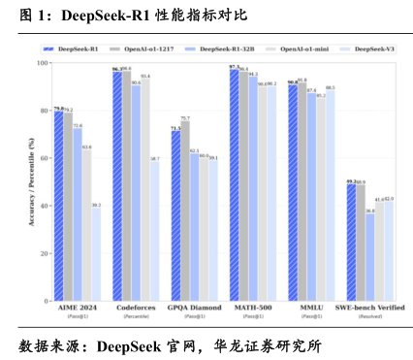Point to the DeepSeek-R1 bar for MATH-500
coord(234,184)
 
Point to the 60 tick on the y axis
coord(44,158)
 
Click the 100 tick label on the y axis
coord(42,63)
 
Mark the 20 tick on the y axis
coord(44,253)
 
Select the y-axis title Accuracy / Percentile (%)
coord(31,180)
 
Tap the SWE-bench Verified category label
coord(370,309)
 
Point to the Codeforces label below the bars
coord(136,309)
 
